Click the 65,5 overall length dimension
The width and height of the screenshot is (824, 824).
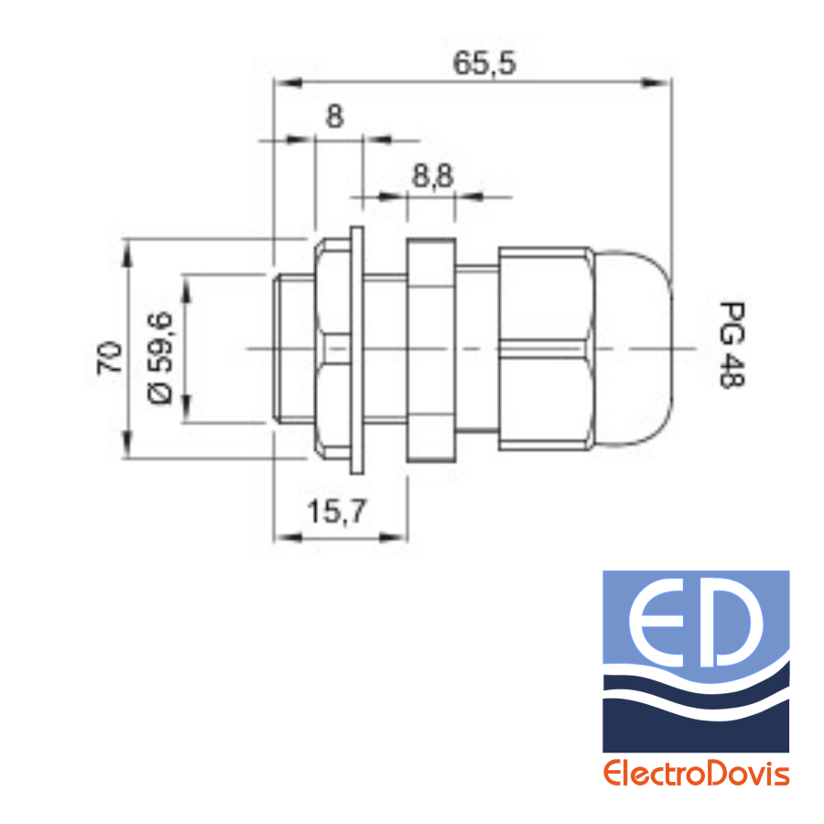coord(484,63)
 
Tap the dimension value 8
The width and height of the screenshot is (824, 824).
coord(335,116)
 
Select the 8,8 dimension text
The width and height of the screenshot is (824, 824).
coord(432,176)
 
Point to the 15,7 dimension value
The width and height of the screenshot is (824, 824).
coord(336,512)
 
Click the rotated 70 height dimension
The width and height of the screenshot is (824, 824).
coord(109,357)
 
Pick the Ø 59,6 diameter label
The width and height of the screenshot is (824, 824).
coord(159,358)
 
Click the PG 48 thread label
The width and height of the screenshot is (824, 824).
coord(732,345)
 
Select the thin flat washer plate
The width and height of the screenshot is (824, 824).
coord(357,350)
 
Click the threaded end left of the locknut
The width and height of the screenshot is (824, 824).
coord(294,349)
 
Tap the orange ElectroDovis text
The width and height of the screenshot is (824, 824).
coord(696,774)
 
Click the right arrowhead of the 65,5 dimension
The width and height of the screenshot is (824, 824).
coord(657,82)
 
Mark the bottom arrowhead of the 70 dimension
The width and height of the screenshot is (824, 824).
coord(127,444)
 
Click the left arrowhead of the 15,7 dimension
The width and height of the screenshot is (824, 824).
coord(288,537)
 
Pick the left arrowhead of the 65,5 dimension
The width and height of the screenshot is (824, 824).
coord(288,82)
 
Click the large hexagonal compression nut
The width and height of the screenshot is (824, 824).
coord(546,349)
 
